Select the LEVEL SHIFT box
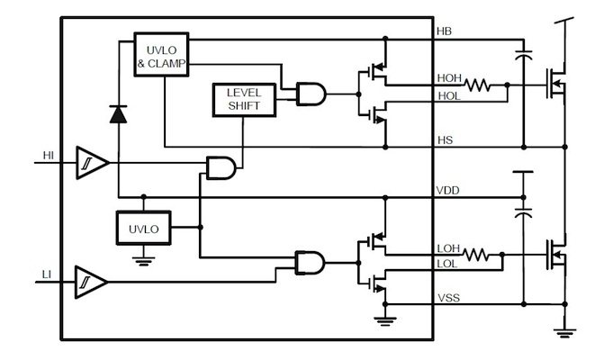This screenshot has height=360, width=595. click(x=242, y=100)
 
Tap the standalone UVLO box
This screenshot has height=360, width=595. click(x=143, y=229)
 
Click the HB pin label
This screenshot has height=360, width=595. click(x=444, y=31)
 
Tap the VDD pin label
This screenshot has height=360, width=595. click(x=447, y=191)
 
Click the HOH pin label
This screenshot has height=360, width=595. click(x=449, y=79)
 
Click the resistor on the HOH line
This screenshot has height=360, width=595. click(x=477, y=86)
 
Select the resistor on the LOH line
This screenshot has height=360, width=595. click(x=477, y=255)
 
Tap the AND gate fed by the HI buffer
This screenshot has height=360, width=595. click(x=221, y=166)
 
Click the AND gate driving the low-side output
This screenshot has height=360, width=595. click(x=311, y=262)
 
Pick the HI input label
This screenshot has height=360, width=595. click(x=50, y=156)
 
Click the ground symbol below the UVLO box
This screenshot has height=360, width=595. click(x=143, y=260)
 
